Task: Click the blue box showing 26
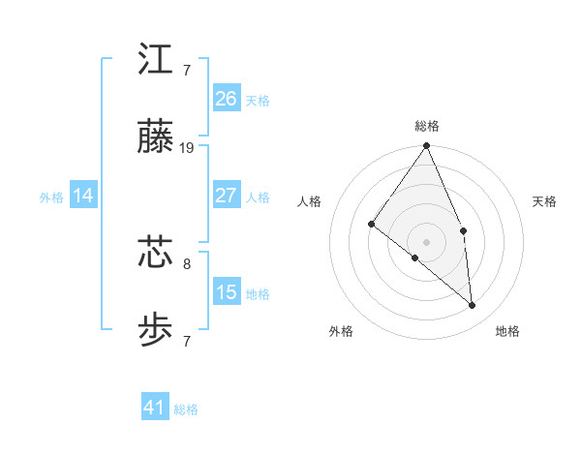coord(227,98)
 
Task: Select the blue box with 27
coord(227,196)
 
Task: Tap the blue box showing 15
coord(227,292)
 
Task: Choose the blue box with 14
coord(83,196)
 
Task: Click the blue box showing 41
coord(155,408)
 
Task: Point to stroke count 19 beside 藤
coord(188,148)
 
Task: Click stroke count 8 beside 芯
coord(187,262)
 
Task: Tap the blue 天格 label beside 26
coord(258,100)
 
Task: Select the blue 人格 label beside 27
coord(258,197)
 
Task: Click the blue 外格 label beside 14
coord(51,197)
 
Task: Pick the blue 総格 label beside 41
coord(186,409)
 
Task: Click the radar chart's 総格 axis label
coord(427,126)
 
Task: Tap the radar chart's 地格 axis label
coord(507,331)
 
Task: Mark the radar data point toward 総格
coord(427,146)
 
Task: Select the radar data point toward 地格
coord(473,305)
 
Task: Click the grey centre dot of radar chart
coord(427,241)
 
